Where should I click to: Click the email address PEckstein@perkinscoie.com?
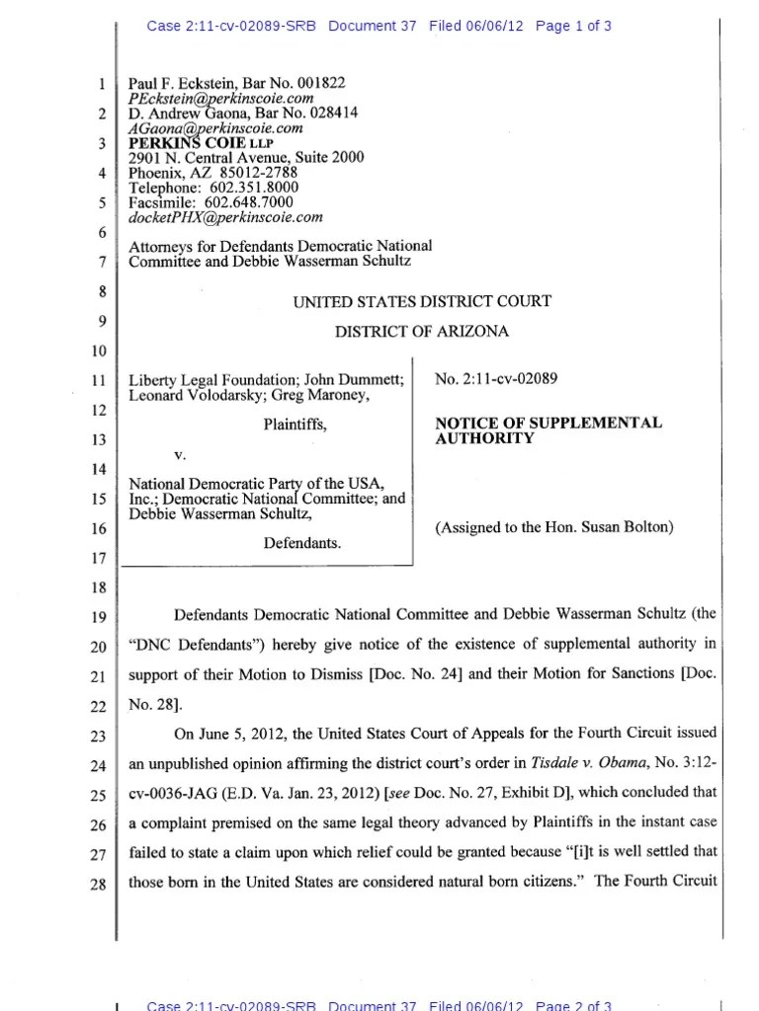coord(220,99)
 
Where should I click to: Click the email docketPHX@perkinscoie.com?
coord(225,217)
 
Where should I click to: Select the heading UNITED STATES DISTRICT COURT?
coord(422,301)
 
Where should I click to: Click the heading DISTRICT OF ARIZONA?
coord(422,332)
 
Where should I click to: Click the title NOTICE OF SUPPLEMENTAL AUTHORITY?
coord(548,430)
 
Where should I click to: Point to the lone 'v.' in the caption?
coord(180,455)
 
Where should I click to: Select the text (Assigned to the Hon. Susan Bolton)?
coord(554,527)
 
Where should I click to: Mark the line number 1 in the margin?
coord(102,85)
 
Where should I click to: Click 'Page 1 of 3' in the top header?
coord(573,27)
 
